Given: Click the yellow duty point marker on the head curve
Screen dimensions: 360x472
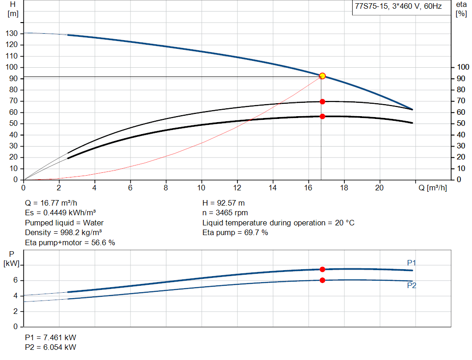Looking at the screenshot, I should coord(322,76).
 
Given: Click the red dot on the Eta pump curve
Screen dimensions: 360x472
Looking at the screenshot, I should coord(322,101).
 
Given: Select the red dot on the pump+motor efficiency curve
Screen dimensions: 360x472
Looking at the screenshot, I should coord(322,116).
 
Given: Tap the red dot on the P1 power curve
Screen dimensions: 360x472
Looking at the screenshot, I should coord(322,269).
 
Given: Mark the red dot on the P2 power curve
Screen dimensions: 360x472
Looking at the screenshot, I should coord(322,280).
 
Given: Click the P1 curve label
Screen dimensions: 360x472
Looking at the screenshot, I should coord(412,263).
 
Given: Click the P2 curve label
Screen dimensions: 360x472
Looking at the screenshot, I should coord(412,286).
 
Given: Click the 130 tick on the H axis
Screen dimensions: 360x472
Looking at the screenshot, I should coord(12,34).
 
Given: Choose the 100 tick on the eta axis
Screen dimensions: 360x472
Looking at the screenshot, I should coord(461,67).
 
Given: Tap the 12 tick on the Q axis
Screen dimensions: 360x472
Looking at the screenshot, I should coord(237,188).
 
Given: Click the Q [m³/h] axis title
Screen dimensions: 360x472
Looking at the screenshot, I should coord(433,188).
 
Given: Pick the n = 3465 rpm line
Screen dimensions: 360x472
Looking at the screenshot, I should coord(225,212).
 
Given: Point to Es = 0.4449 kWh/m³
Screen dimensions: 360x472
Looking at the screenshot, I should coord(60,212).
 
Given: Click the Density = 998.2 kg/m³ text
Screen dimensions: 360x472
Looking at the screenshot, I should coord(63,232).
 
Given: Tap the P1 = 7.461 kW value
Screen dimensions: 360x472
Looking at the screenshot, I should coord(51,337).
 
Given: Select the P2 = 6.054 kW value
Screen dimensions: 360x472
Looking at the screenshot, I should coord(51,347).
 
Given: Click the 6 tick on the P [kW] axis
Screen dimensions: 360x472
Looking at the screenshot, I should coord(15,280).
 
